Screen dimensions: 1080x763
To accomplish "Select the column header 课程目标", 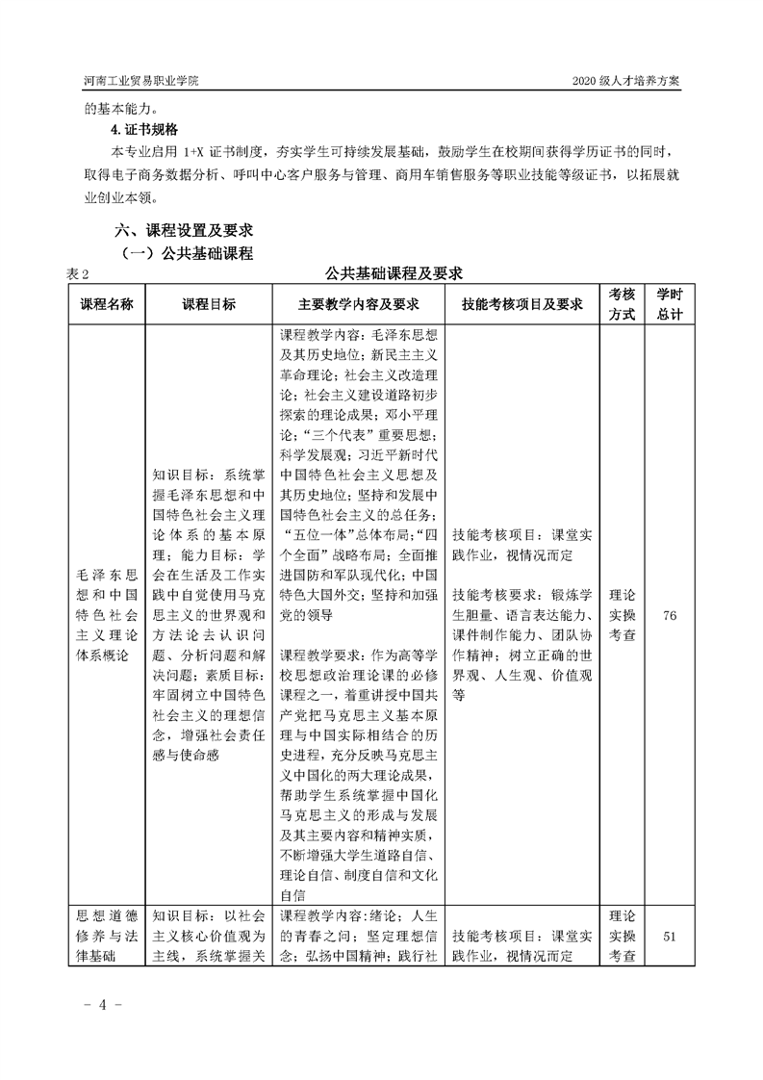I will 209,304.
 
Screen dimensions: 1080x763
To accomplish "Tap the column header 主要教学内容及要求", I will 358,304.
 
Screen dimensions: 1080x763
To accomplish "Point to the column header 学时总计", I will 670,304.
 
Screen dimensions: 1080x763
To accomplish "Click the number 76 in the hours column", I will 670,616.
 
